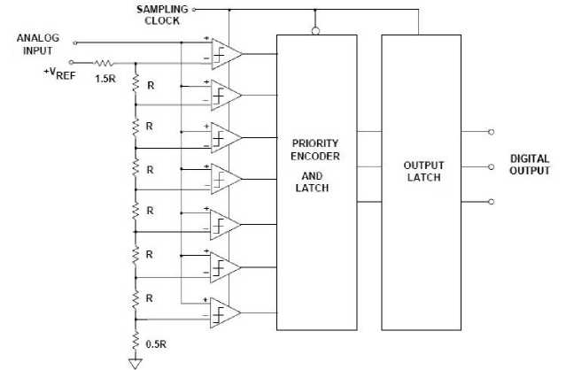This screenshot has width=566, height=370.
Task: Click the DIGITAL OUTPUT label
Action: pyautogui.click(x=530, y=165)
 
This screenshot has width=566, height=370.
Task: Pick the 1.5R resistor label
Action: pyautogui.click(x=104, y=79)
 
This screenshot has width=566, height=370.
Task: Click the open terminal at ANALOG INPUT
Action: pyautogui.click(x=74, y=41)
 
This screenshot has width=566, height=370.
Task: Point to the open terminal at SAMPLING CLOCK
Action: pyautogui.click(x=195, y=10)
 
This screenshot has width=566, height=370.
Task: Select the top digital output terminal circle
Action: pyautogui.click(x=491, y=130)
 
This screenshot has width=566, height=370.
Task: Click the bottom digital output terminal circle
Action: pyautogui.click(x=491, y=201)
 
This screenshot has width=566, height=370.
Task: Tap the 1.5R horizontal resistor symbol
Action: pyautogui.click(x=104, y=63)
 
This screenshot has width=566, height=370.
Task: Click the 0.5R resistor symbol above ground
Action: pyautogui.click(x=136, y=339)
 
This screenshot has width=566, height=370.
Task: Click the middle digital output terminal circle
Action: pyautogui.click(x=491, y=166)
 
